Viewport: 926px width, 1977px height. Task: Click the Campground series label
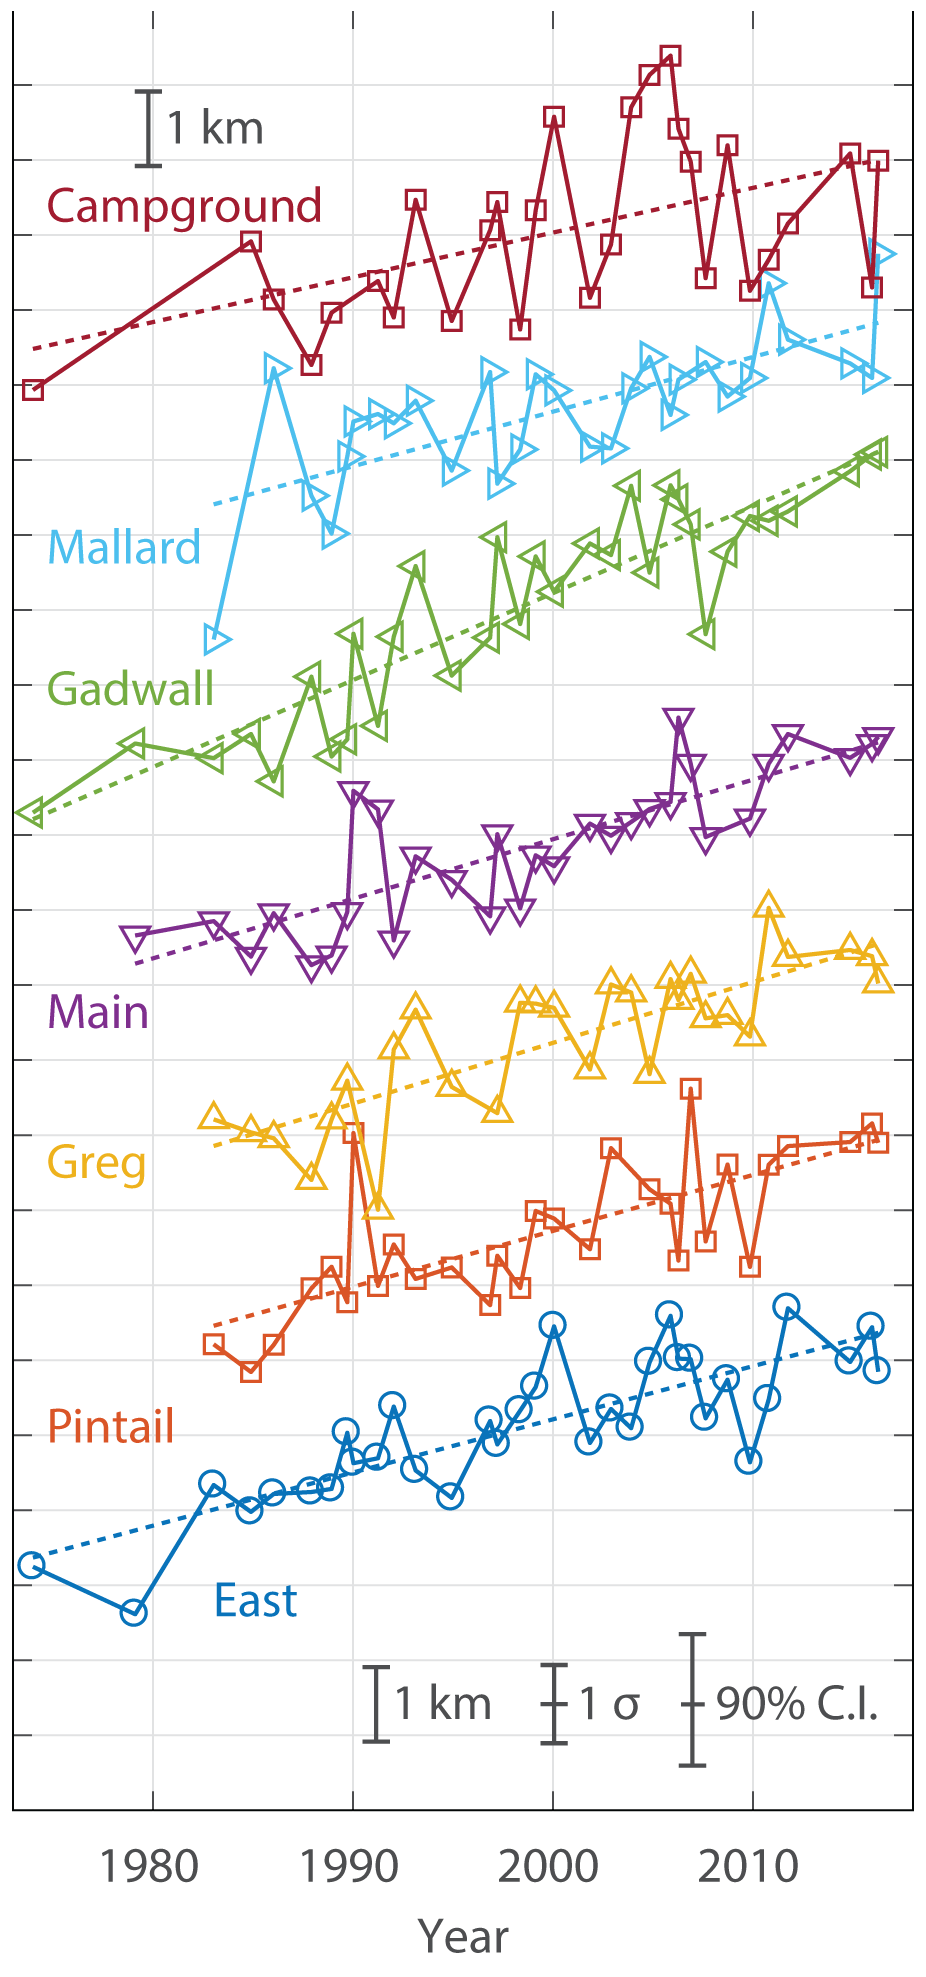click(184, 206)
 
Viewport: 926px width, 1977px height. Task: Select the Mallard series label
click(124, 547)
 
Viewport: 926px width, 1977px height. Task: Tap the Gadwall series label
click(131, 689)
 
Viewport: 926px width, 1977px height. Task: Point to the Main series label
click(98, 1012)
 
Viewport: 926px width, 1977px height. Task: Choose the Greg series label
click(97, 1163)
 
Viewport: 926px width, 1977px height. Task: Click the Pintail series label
click(111, 1426)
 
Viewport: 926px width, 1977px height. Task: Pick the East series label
click(255, 1601)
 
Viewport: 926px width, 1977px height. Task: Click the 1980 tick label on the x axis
click(150, 1865)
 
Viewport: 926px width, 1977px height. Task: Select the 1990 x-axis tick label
click(350, 1865)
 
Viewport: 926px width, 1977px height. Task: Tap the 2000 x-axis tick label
click(549, 1865)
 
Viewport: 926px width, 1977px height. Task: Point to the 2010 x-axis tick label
click(749, 1865)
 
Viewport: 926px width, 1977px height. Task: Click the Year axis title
click(463, 1936)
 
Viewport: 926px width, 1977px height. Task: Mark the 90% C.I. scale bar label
click(797, 1704)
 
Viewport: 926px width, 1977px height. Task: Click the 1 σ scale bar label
click(610, 1704)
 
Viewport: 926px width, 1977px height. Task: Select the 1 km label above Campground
click(215, 128)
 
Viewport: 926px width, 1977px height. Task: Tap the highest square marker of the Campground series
click(671, 56)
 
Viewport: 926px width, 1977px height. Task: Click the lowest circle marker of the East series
click(133, 1612)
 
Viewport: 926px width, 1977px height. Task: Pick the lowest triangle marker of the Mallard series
click(216, 638)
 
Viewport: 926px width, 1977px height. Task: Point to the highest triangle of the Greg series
click(768, 906)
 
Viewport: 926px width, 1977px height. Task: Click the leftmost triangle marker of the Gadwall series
click(31, 813)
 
